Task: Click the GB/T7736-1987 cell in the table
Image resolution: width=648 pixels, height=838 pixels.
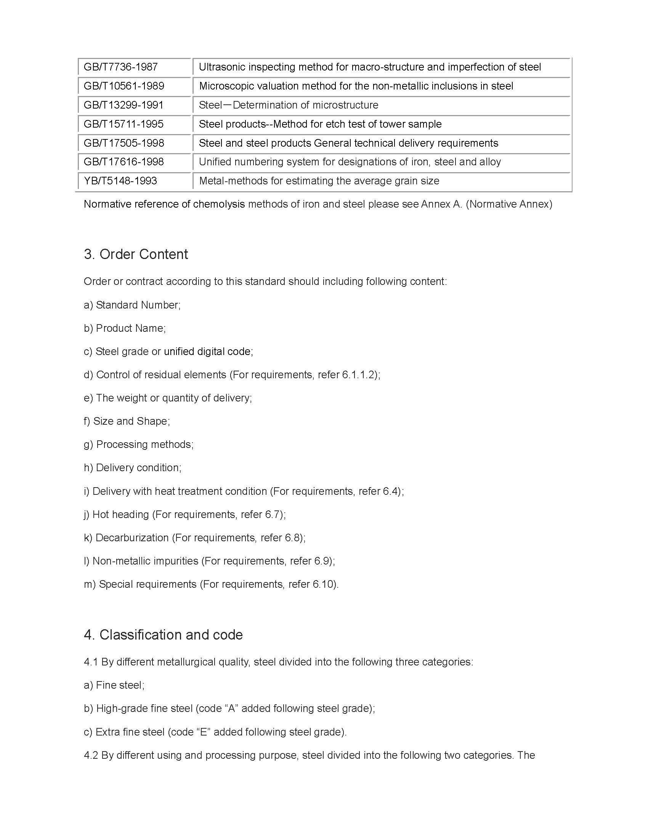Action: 120,67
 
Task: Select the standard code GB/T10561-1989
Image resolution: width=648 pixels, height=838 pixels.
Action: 124,86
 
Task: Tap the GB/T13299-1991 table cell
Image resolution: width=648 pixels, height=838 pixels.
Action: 124,105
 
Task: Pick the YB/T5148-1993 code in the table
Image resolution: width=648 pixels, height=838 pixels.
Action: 120,181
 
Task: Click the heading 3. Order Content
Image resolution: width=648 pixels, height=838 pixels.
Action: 136,254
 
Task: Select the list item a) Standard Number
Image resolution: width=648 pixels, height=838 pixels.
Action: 132,305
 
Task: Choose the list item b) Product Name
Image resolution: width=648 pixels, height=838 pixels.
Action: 125,328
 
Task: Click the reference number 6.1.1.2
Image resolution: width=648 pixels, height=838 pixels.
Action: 358,375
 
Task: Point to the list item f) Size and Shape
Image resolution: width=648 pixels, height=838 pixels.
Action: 127,421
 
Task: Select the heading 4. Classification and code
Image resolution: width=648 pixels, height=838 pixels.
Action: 163,635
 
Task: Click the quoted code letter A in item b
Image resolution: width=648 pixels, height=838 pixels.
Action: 231,708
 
